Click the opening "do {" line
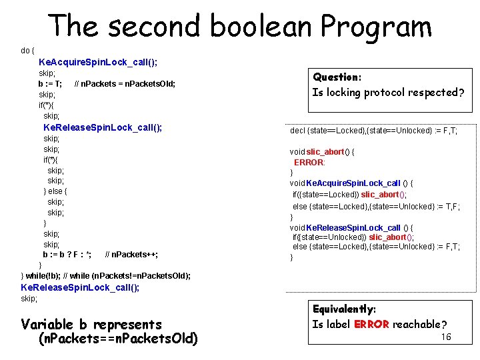click(x=28, y=51)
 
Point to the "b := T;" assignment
click(x=51, y=84)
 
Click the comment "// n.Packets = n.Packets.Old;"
click(x=125, y=84)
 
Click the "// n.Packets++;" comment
click(x=131, y=255)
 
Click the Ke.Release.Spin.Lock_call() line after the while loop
click(x=80, y=287)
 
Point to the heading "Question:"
click(x=337, y=77)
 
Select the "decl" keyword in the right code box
click(x=297, y=131)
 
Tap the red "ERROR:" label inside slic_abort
click(x=309, y=163)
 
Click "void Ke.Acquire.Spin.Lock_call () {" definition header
click(x=351, y=183)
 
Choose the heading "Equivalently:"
click(x=345, y=309)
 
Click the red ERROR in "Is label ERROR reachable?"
click(x=372, y=325)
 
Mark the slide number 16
click(x=446, y=337)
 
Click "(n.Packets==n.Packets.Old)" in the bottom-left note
click(x=119, y=339)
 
